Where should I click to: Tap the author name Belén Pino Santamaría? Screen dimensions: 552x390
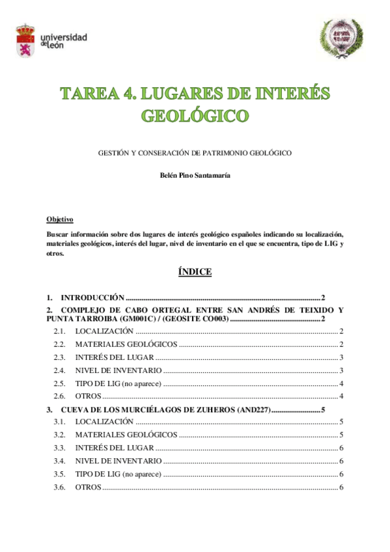[195, 175]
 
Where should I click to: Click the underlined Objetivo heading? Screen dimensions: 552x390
[60, 219]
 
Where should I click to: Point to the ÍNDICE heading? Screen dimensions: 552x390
[195, 272]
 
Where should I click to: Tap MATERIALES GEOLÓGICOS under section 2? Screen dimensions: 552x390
[126, 344]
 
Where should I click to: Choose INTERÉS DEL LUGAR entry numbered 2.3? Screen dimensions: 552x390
[114, 357]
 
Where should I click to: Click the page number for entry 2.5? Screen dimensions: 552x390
[341, 383]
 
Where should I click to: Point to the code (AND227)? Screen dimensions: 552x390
[250, 410]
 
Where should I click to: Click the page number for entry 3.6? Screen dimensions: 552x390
[341, 488]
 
